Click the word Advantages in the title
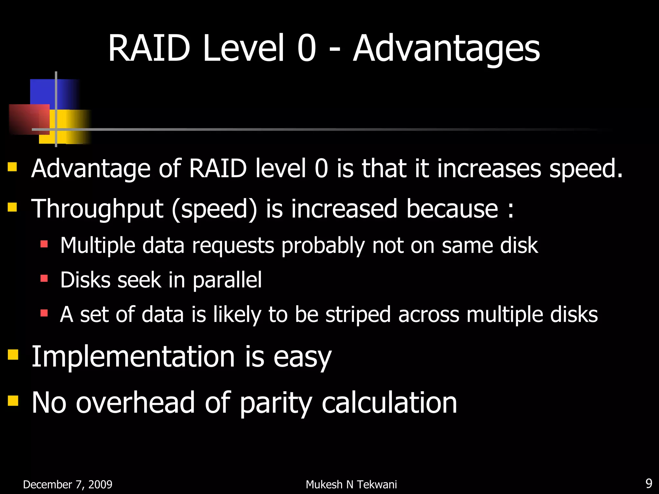coord(446,49)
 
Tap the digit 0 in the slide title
coord(307,49)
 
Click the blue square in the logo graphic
coord(45,92)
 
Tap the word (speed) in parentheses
coord(214,209)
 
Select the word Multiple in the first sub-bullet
coord(97,246)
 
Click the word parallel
coord(227,280)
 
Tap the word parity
coord(275,403)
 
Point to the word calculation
coord(389,403)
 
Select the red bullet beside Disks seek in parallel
coord(44,278)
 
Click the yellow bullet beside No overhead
coord(13,400)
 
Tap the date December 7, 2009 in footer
coord(68,484)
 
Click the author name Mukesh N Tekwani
coord(351,484)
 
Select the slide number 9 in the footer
coord(649,483)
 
